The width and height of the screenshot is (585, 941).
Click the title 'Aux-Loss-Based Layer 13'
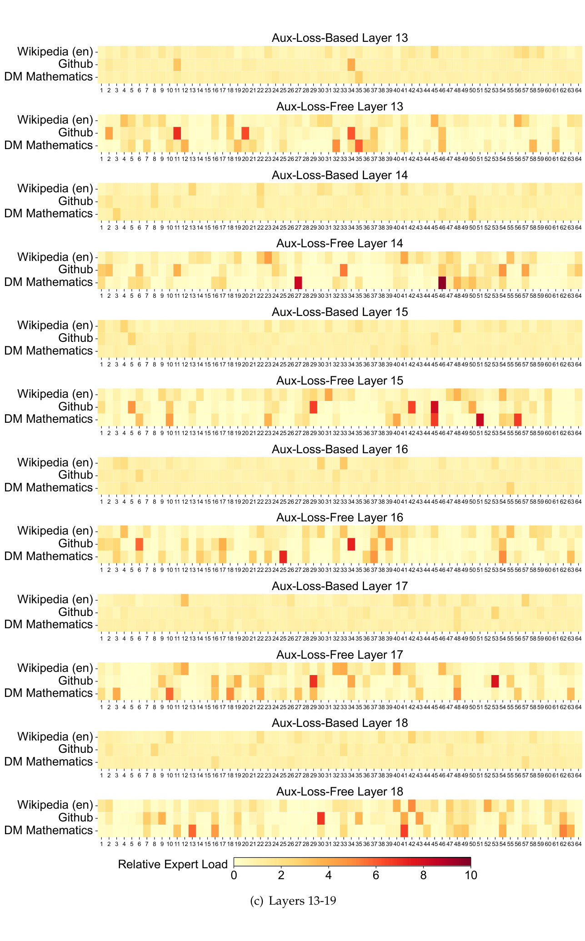340,38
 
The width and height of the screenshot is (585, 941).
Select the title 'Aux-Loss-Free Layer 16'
340,517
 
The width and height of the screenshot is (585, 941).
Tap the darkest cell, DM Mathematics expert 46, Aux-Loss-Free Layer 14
442,282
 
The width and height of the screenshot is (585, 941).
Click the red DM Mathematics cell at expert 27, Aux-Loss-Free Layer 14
298,282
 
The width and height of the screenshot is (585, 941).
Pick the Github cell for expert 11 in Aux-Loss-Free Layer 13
177,133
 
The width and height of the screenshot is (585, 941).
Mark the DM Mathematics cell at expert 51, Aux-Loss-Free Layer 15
480,419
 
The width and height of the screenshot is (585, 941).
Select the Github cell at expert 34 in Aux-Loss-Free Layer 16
351,544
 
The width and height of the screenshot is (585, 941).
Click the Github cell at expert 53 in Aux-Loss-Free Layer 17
495,681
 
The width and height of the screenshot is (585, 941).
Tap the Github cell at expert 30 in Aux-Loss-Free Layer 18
321,818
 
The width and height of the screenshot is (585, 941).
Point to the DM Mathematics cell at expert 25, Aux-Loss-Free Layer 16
283,556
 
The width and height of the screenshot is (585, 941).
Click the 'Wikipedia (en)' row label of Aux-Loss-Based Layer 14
55,189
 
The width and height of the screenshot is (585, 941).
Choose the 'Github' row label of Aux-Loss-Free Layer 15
75,406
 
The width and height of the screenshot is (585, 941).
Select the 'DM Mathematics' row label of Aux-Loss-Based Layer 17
49,625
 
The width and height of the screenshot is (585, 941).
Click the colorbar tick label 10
471,875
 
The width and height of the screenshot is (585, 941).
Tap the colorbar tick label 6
376,875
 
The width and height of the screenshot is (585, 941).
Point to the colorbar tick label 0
234,875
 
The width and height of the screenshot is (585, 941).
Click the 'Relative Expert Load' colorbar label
173,864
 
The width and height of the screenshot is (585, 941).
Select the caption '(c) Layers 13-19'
293,901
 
